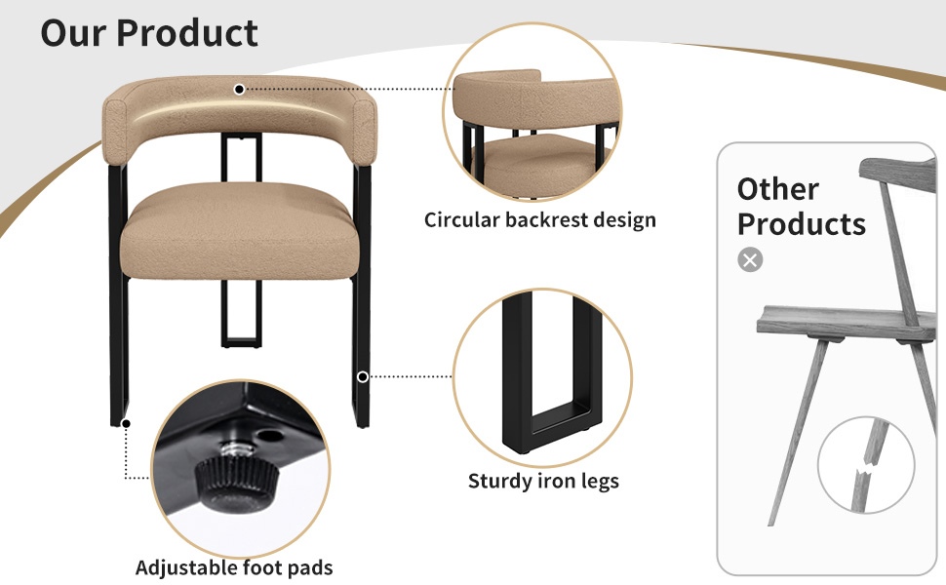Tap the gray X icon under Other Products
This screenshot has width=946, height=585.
750,260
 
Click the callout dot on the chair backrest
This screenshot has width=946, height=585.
240,90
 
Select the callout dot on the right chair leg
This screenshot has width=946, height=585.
363,377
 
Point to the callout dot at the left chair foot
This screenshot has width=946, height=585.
126,424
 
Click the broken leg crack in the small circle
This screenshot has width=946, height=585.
866,467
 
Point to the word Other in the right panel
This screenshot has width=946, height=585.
778,189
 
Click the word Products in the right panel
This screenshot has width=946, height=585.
802,224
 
